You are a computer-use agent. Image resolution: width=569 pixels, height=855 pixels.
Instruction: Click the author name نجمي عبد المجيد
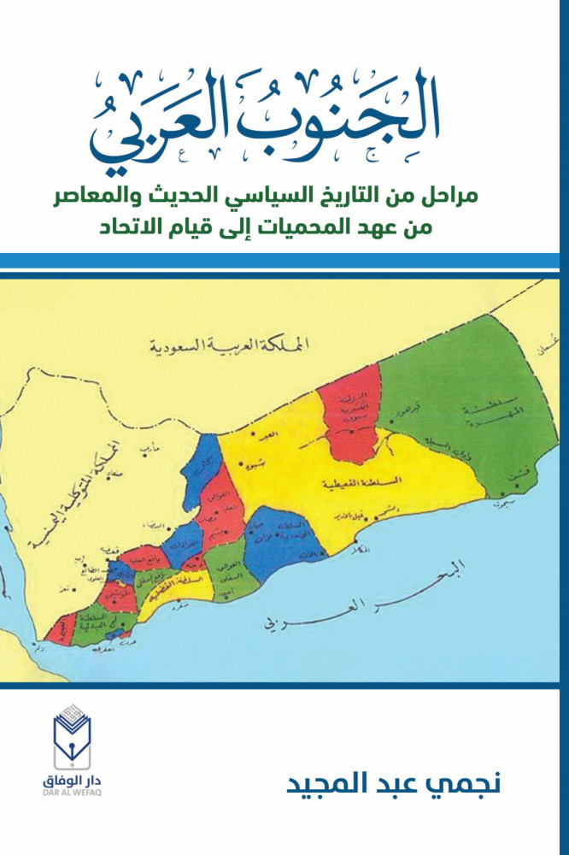(368, 785)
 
